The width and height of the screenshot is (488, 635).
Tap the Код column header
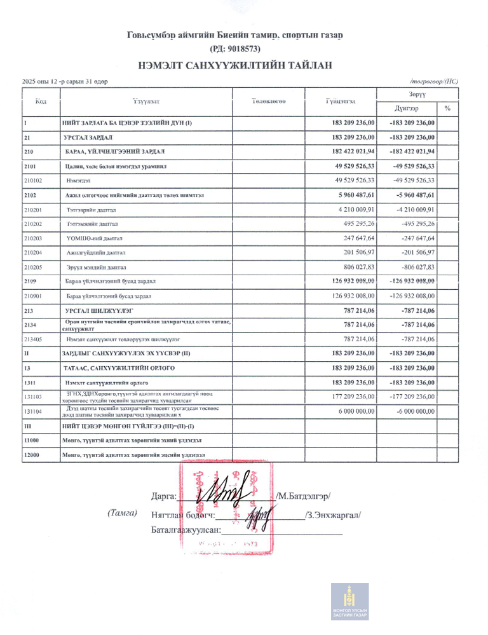[x=41, y=101]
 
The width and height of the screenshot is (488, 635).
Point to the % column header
[x=447, y=108]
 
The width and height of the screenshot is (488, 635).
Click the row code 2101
[x=31, y=167]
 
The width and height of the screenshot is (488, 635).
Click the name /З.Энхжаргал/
[x=333, y=515]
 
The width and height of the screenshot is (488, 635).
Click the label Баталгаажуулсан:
[x=185, y=529]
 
